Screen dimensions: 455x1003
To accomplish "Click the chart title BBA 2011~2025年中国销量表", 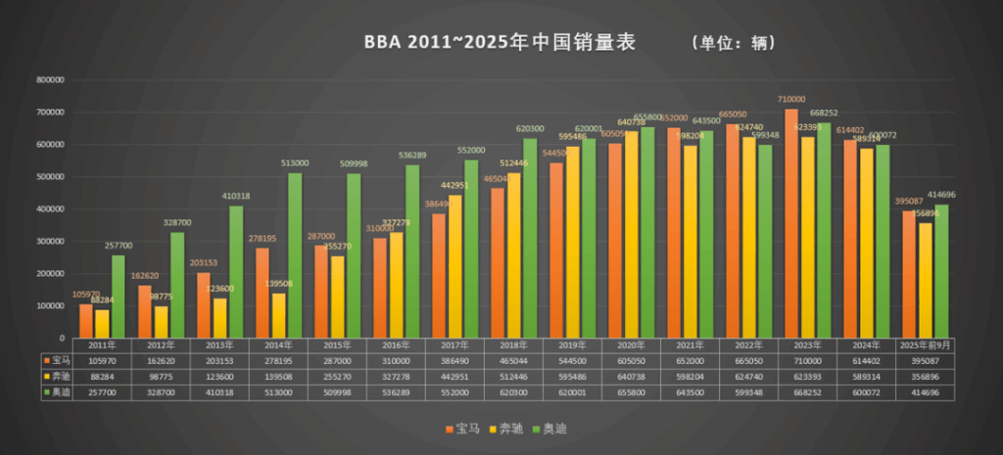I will pos(500,42).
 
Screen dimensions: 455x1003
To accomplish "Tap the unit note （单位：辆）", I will pos(733,43).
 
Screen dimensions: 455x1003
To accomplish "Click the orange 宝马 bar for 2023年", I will pos(790,224).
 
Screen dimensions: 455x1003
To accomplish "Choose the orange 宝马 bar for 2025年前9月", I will pos(908,275).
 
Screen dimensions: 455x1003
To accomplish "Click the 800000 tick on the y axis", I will pos(51,80).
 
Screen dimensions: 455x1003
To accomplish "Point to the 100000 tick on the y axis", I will pos(51,306).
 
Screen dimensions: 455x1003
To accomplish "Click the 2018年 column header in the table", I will pos(512,345).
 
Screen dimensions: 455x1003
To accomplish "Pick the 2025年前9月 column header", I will pos(927,345).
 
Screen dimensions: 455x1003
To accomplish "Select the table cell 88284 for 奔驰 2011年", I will pos(101,376).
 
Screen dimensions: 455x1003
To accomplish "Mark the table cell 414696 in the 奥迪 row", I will pos(927,391).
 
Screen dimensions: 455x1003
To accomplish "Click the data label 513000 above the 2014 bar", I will pos(294,163).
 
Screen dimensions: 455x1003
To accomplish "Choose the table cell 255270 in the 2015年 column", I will pos(336,376).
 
